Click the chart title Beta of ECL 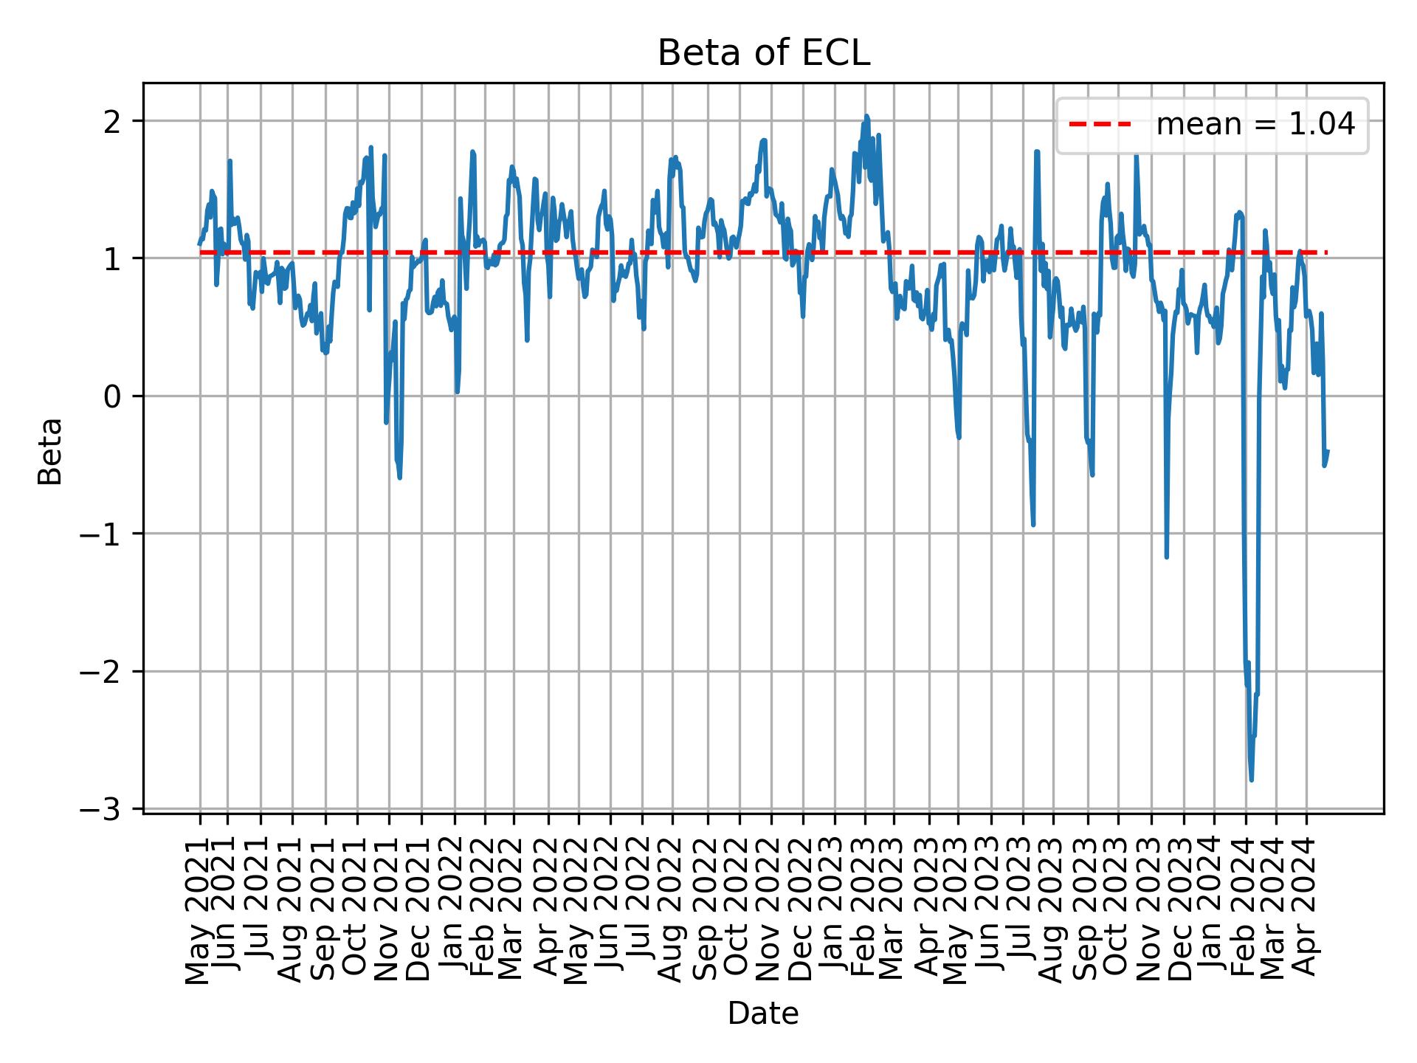pyautogui.click(x=763, y=53)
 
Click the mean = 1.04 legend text pyautogui.click(x=1255, y=125)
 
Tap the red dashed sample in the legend pyautogui.click(x=1100, y=125)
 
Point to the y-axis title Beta pyautogui.click(x=50, y=451)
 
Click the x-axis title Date pyautogui.click(x=763, y=1014)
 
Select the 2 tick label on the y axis pyautogui.click(x=112, y=121)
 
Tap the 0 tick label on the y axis pyautogui.click(x=112, y=396)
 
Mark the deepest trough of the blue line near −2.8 pyautogui.click(x=1251, y=780)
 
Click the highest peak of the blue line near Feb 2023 pyautogui.click(x=866, y=116)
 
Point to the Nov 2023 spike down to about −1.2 pyautogui.click(x=1166, y=557)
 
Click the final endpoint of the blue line pyautogui.click(x=1327, y=451)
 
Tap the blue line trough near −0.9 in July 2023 pyautogui.click(x=1033, y=524)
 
